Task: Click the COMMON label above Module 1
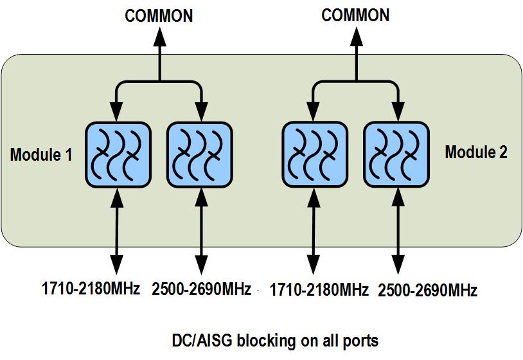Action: tap(159, 15)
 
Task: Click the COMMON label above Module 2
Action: tap(355, 15)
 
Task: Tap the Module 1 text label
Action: tap(41, 154)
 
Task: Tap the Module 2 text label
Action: tap(476, 152)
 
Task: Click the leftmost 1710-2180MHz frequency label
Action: tap(91, 289)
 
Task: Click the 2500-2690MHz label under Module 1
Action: tap(201, 289)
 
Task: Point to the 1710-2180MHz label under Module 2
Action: tap(319, 289)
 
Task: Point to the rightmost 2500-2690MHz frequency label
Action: tap(427, 290)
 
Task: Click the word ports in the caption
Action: tap(360, 339)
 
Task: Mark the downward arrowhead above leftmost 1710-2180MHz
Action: tap(117, 265)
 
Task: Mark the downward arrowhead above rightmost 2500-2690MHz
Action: tap(396, 265)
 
